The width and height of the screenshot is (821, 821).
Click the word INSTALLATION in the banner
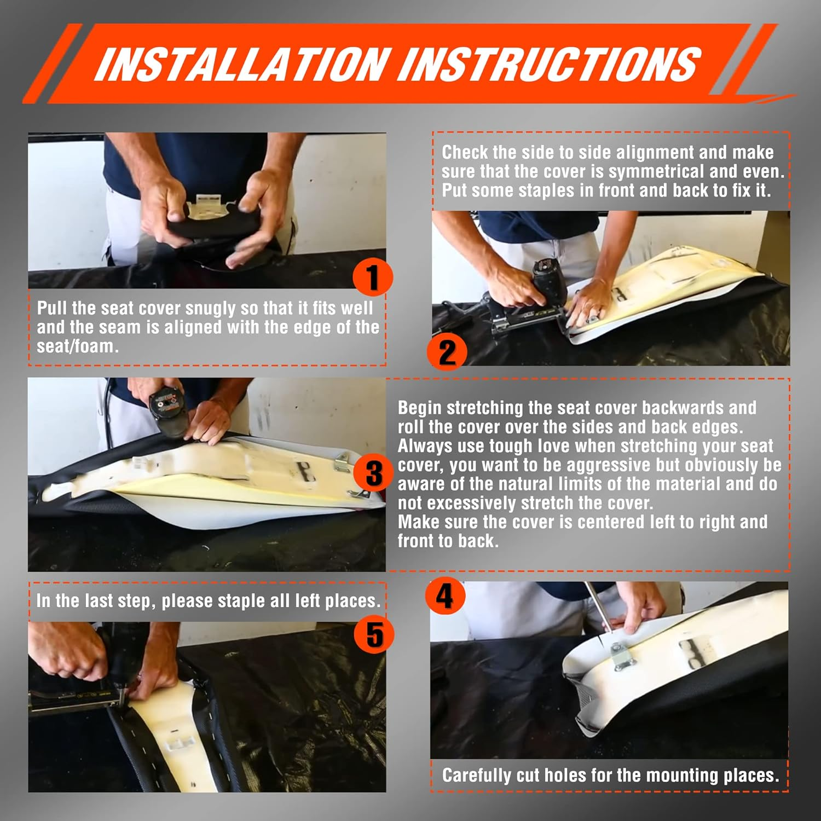pyautogui.click(x=243, y=64)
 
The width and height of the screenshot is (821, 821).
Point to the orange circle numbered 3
pyautogui.click(x=374, y=473)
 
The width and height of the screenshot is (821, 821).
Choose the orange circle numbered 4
pyautogui.click(x=445, y=595)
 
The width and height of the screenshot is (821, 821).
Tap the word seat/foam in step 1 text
pyautogui.click(x=77, y=347)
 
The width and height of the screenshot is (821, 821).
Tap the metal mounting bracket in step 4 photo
pyautogui.click(x=622, y=657)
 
